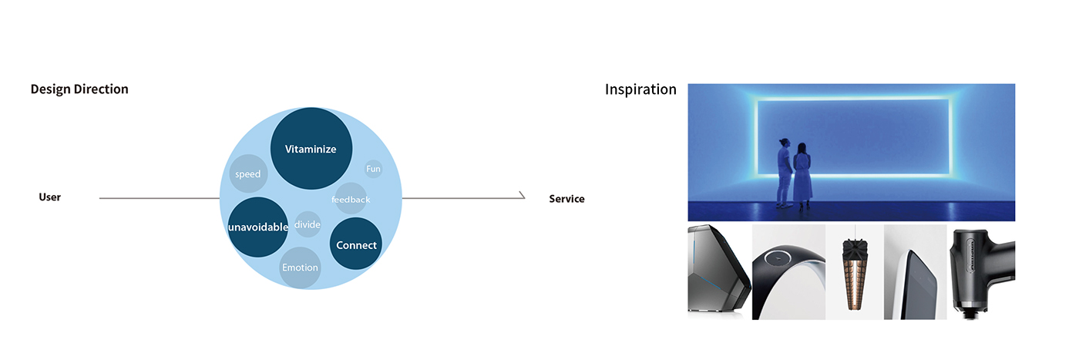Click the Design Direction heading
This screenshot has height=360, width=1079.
click(x=79, y=89)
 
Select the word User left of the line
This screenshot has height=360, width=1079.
click(x=50, y=197)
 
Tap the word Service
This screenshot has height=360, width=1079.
click(x=566, y=199)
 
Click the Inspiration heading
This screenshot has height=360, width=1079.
click(x=640, y=89)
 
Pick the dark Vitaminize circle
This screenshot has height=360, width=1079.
click(x=311, y=149)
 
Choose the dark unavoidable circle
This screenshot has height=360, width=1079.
click(x=258, y=227)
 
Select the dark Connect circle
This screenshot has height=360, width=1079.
click(x=356, y=244)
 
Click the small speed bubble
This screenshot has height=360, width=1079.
click(x=248, y=174)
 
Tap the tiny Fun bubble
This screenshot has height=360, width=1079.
click(x=373, y=169)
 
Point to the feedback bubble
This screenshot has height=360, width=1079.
click(x=351, y=199)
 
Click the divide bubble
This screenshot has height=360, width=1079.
click(x=308, y=225)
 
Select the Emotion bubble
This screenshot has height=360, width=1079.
click(x=300, y=267)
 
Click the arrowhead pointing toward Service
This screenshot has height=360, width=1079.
click(x=522, y=196)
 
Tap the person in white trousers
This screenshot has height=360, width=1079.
click(x=784, y=173)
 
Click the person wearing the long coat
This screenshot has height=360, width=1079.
click(x=803, y=175)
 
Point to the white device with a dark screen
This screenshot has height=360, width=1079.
click(x=917, y=274)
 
